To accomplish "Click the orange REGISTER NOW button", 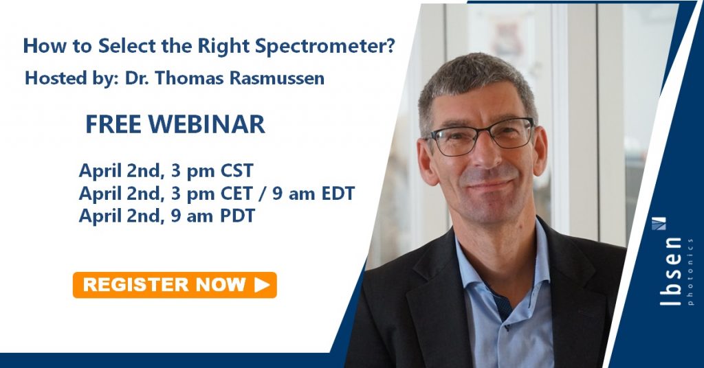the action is [175, 285].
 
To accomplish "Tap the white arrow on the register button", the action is [262, 285].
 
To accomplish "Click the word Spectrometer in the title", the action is [320, 47].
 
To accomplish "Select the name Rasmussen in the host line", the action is [277, 78].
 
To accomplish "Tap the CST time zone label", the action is [236, 171].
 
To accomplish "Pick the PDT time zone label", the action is [237, 216].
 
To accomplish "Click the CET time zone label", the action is [237, 194].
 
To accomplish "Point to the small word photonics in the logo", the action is [690, 272].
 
